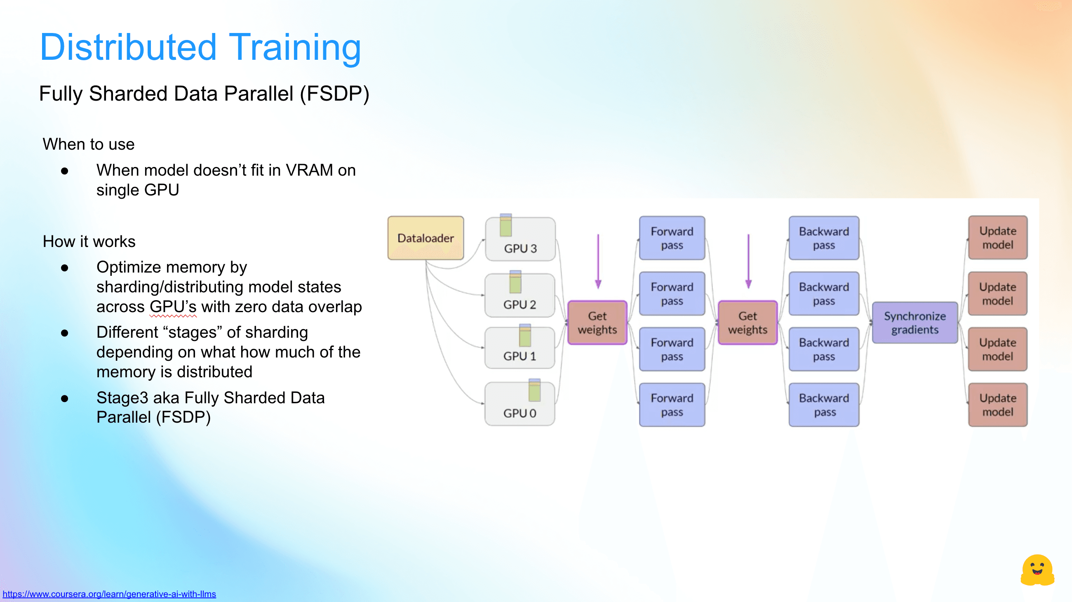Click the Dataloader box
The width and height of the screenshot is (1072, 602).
tap(426, 238)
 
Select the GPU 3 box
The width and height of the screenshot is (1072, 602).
tap(520, 240)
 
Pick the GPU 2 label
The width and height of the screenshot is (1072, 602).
tap(520, 305)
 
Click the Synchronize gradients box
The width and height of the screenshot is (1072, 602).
tap(914, 323)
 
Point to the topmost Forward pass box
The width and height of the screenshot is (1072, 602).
tap(672, 238)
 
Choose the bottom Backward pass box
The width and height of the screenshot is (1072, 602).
tap(823, 405)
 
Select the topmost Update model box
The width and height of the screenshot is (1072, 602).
tap(997, 238)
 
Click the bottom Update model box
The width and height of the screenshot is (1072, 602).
tap(997, 405)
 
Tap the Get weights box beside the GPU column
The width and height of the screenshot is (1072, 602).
tap(597, 323)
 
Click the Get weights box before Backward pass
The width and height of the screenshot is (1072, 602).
tap(748, 323)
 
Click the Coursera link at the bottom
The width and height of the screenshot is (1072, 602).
tap(109, 594)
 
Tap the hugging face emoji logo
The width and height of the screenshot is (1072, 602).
tap(1037, 570)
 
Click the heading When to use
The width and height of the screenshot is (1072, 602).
tap(89, 144)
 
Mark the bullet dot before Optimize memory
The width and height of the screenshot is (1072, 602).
tap(64, 268)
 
